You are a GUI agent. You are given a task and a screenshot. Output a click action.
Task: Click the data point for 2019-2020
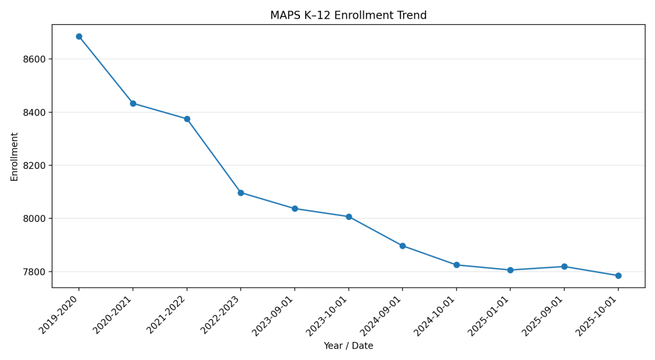click(79, 36)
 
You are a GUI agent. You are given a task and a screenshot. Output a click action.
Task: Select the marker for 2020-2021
click(133, 104)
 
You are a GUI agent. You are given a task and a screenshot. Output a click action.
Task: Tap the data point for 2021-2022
click(187, 119)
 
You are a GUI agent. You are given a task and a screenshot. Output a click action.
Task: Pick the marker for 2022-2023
click(241, 192)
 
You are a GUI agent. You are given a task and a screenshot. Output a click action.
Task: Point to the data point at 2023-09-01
click(295, 208)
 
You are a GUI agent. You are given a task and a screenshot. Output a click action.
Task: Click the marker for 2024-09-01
click(402, 246)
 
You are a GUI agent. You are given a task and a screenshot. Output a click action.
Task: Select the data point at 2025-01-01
click(510, 270)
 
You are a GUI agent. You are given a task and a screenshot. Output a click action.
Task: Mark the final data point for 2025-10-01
click(618, 276)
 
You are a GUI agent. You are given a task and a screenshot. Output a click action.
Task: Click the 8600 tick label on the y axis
click(33, 59)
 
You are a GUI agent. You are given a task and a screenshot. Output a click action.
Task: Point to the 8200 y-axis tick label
click(33, 166)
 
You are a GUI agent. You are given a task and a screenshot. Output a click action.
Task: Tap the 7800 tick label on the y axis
click(33, 272)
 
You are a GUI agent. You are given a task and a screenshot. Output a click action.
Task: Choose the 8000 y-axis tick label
click(33, 219)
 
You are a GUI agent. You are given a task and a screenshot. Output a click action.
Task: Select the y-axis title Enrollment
click(14, 157)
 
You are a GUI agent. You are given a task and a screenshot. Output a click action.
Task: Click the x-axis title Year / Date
click(348, 346)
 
